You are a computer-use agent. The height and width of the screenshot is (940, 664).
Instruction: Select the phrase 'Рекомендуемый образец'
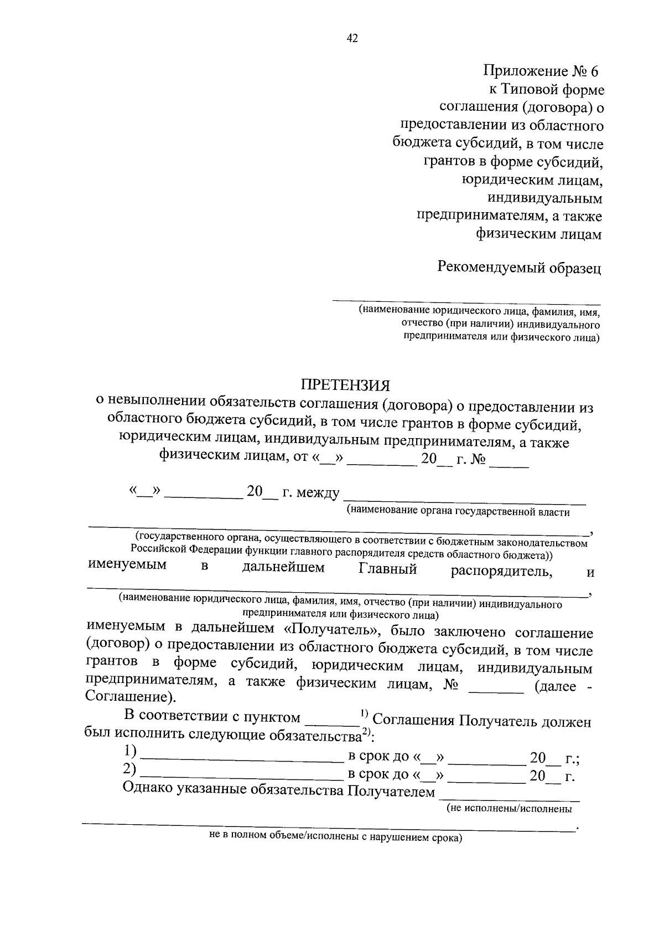[x=519, y=268]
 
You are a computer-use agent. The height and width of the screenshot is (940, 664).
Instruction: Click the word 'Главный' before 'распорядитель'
[x=387, y=569]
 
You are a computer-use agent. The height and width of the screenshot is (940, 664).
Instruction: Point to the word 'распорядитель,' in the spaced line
[x=501, y=571]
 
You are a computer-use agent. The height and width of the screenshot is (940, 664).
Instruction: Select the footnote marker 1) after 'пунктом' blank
[x=365, y=713]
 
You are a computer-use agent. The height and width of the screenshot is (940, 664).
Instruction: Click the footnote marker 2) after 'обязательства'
[x=365, y=732]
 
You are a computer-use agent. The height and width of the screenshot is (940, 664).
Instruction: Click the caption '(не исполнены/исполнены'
[x=509, y=809]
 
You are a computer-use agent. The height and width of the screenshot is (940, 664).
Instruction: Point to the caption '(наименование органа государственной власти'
[x=458, y=511]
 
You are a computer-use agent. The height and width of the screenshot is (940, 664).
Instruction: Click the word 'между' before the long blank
[x=318, y=492]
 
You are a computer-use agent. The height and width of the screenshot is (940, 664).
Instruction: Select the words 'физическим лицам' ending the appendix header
[x=538, y=234]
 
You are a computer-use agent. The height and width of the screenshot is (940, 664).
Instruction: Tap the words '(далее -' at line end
[x=563, y=686]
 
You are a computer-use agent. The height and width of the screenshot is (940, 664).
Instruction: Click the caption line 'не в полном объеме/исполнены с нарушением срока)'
[x=335, y=838]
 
